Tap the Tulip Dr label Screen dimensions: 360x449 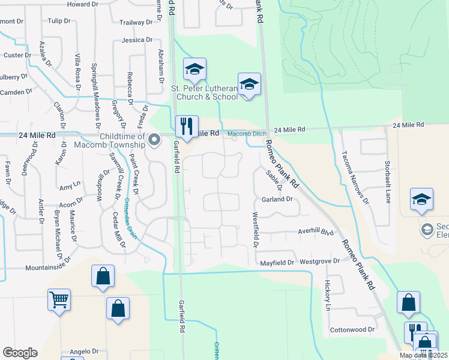pyautogui.click(x=59, y=20)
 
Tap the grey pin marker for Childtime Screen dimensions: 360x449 pyautogui.click(x=154, y=140)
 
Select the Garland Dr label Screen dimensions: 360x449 pyautogui.click(x=277, y=199)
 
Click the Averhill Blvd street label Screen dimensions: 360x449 pyautogui.click(x=316, y=232)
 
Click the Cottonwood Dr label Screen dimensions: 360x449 pyautogui.click(x=352, y=329)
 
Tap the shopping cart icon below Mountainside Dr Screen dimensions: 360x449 pyautogui.click(x=59, y=299)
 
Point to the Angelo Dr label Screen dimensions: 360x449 pyautogui.click(x=83, y=351)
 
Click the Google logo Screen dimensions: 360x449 pyautogui.click(x=20, y=353)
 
